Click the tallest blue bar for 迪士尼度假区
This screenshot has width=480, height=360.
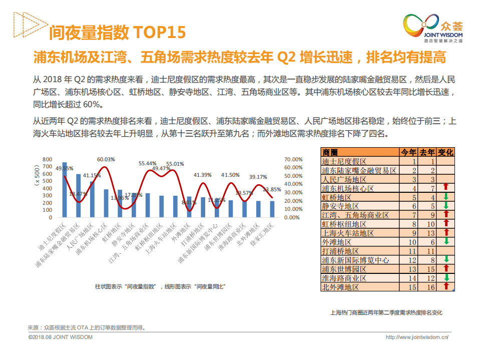click(65, 190)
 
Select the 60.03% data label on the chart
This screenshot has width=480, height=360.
click(106, 159)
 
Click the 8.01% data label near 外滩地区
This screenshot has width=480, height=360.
click(189, 203)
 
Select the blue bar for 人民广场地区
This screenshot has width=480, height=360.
click(92, 199)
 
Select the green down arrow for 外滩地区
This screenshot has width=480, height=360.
click(445, 242)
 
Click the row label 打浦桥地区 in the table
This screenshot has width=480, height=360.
click(341, 251)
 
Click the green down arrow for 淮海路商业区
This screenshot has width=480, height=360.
click(445, 278)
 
